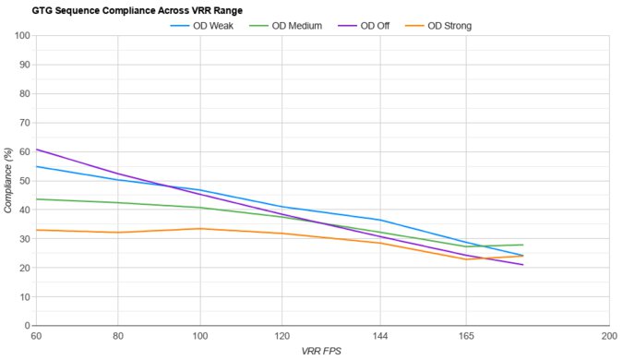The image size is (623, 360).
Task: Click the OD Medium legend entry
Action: click(x=296, y=26)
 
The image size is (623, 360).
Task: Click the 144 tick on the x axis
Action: click(x=379, y=336)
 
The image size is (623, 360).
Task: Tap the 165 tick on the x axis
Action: click(x=465, y=336)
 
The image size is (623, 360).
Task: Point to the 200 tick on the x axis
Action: click(x=607, y=336)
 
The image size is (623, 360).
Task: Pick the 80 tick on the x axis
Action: click(x=118, y=336)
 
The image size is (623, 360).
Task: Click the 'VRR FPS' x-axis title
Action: click(x=321, y=352)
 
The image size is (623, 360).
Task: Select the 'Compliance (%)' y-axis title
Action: click(x=8, y=181)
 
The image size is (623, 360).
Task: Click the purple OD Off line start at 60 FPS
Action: click(x=36, y=149)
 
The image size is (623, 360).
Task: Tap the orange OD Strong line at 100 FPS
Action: click(x=200, y=229)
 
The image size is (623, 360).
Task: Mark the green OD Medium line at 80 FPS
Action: click(x=118, y=202)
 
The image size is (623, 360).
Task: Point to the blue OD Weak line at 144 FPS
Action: click(x=379, y=220)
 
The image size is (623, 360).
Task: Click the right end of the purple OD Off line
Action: click(x=523, y=265)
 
